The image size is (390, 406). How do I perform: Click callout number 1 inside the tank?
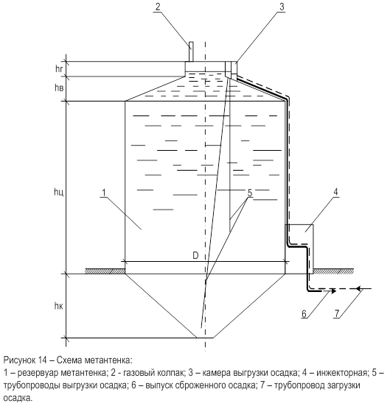click(104, 193)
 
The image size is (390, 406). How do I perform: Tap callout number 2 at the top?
click(158, 7)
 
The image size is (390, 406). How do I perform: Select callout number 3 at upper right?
click(282, 7)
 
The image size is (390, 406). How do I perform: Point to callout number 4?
click(335, 192)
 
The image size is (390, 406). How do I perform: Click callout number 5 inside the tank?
click(250, 193)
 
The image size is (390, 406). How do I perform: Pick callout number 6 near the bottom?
click(304, 314)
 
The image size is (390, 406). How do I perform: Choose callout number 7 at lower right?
click(336, 314)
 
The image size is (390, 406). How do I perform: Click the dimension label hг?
click(59, 69)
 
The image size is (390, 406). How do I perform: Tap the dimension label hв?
click(59, 88)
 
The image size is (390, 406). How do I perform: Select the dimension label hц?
click(59, 192)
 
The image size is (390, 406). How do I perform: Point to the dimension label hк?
click(59, 306)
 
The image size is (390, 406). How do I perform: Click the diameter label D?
click(195, 256)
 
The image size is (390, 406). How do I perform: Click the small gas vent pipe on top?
click(191, 51)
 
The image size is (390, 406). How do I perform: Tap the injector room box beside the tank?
click(299, 249)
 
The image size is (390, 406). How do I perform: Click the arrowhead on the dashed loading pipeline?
click(359, 288)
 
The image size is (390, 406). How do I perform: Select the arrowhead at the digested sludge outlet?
click(333, 291)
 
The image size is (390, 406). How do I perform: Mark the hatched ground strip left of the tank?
click(105, 271)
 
